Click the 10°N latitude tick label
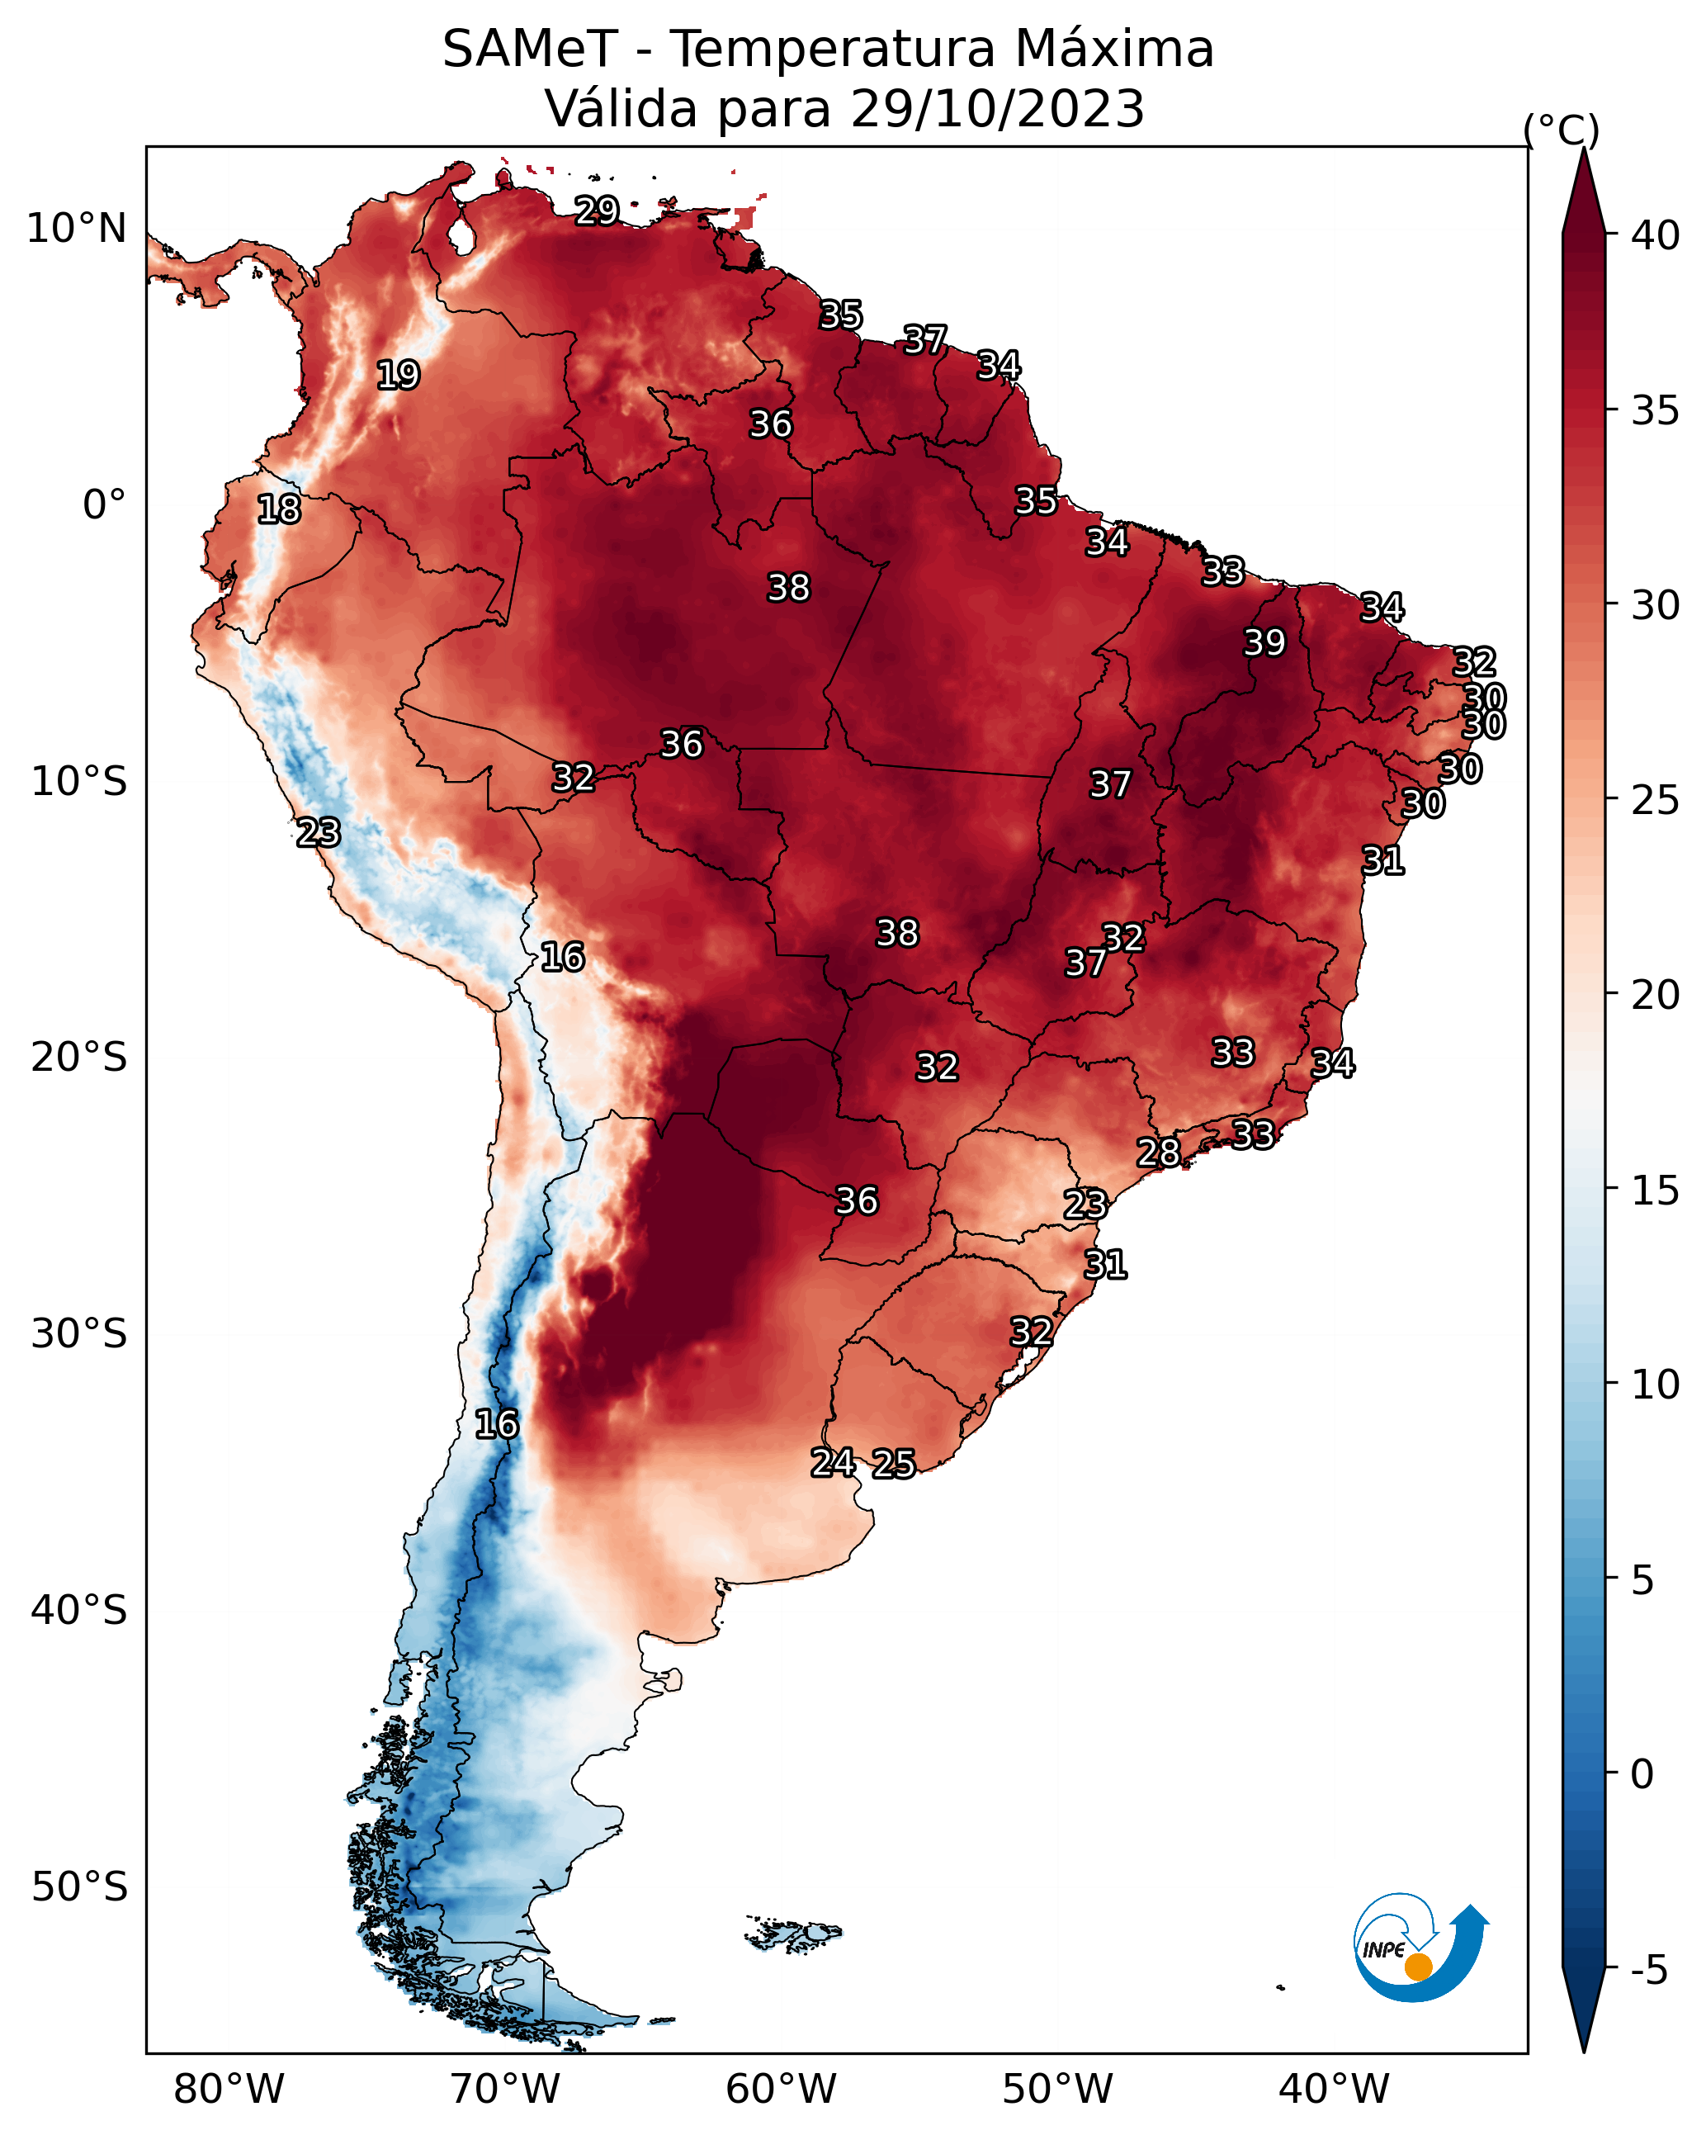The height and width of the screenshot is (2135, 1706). tap(76, 229)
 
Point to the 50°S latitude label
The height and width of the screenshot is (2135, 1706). tap(79, 1887)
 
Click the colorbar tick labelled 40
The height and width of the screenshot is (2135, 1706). tap(1656, 235)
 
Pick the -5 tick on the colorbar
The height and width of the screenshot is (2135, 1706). tap(1648, 1971)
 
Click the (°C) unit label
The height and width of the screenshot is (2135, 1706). tap(1562, 130)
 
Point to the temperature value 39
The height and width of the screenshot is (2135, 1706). tap(1264, 642)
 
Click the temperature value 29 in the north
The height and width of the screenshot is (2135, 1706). tap(597, 210)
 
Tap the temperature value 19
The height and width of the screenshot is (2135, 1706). tap(398, 376)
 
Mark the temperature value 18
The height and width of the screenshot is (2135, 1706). tap(278, 509)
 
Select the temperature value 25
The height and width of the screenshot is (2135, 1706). tap(894, 1464)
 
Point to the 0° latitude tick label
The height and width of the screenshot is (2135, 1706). tap(104, 505)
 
